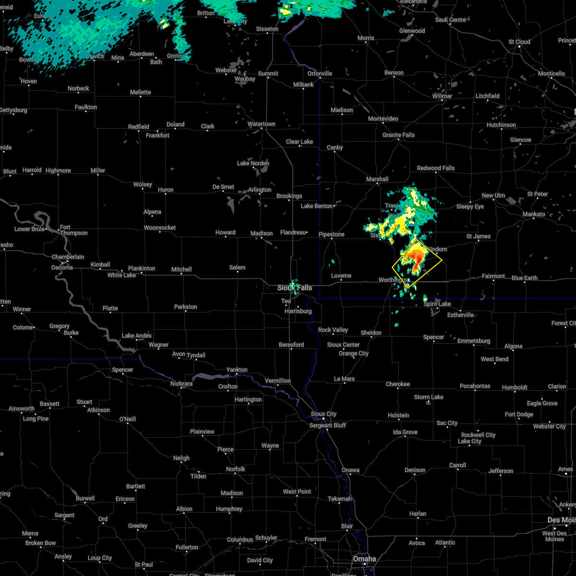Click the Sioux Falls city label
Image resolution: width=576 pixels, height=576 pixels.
point(295,288)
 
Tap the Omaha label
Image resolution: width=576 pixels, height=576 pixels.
point(364,559)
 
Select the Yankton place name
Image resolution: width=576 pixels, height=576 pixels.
point(237,370)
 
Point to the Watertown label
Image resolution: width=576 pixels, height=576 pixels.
point(262,124)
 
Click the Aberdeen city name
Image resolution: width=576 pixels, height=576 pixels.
point(142,54)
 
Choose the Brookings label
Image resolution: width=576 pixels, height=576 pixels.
point(289,196)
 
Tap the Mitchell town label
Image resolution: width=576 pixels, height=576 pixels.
point(181,270)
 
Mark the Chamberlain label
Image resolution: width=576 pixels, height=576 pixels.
point(68,257)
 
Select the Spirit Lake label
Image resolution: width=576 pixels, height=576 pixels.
point(437,304)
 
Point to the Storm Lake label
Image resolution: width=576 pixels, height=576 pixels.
point(429,397)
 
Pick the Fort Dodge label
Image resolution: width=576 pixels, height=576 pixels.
point(519,414)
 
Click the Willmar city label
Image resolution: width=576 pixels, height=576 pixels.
point(442,96)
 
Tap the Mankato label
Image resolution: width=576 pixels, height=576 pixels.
point(535,214)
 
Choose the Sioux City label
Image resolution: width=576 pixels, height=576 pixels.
point(324,414)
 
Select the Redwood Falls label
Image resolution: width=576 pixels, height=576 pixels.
point(436,168)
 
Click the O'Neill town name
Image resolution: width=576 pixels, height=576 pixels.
point(127,419)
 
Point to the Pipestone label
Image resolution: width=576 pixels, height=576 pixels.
point(332,235)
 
